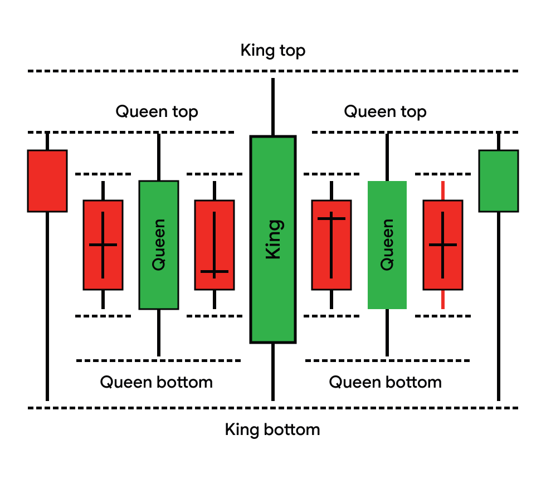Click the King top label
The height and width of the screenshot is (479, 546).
[x=273, y=51]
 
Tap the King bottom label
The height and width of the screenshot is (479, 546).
[x=272, y=429]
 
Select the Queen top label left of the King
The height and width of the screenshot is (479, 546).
[x=157, y=111]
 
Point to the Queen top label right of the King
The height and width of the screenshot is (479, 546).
[x=385, y=111]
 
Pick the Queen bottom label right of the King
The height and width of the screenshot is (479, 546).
[x=385, y=382]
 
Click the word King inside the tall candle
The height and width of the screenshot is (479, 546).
[x=273, y=239]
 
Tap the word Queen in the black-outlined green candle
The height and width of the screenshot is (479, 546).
[x=159, y=245]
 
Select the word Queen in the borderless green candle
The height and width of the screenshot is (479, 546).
[x=387, y=245]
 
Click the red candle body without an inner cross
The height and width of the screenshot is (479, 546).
[x=47, y=181]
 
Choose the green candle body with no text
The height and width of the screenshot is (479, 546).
[x=499, y=181]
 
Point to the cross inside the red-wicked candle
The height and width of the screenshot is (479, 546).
[x=443, y=245]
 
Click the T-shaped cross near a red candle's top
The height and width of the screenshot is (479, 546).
[x=331, y=218]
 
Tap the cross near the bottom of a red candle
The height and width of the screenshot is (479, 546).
[x=214, y=272]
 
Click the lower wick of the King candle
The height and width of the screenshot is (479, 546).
[x=273, y=370]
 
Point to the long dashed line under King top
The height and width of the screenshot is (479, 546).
[x=273, y=71]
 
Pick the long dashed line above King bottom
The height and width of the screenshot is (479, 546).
[x=273, y=408]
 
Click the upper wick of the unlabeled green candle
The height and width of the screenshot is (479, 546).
[x=499, y=141]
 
